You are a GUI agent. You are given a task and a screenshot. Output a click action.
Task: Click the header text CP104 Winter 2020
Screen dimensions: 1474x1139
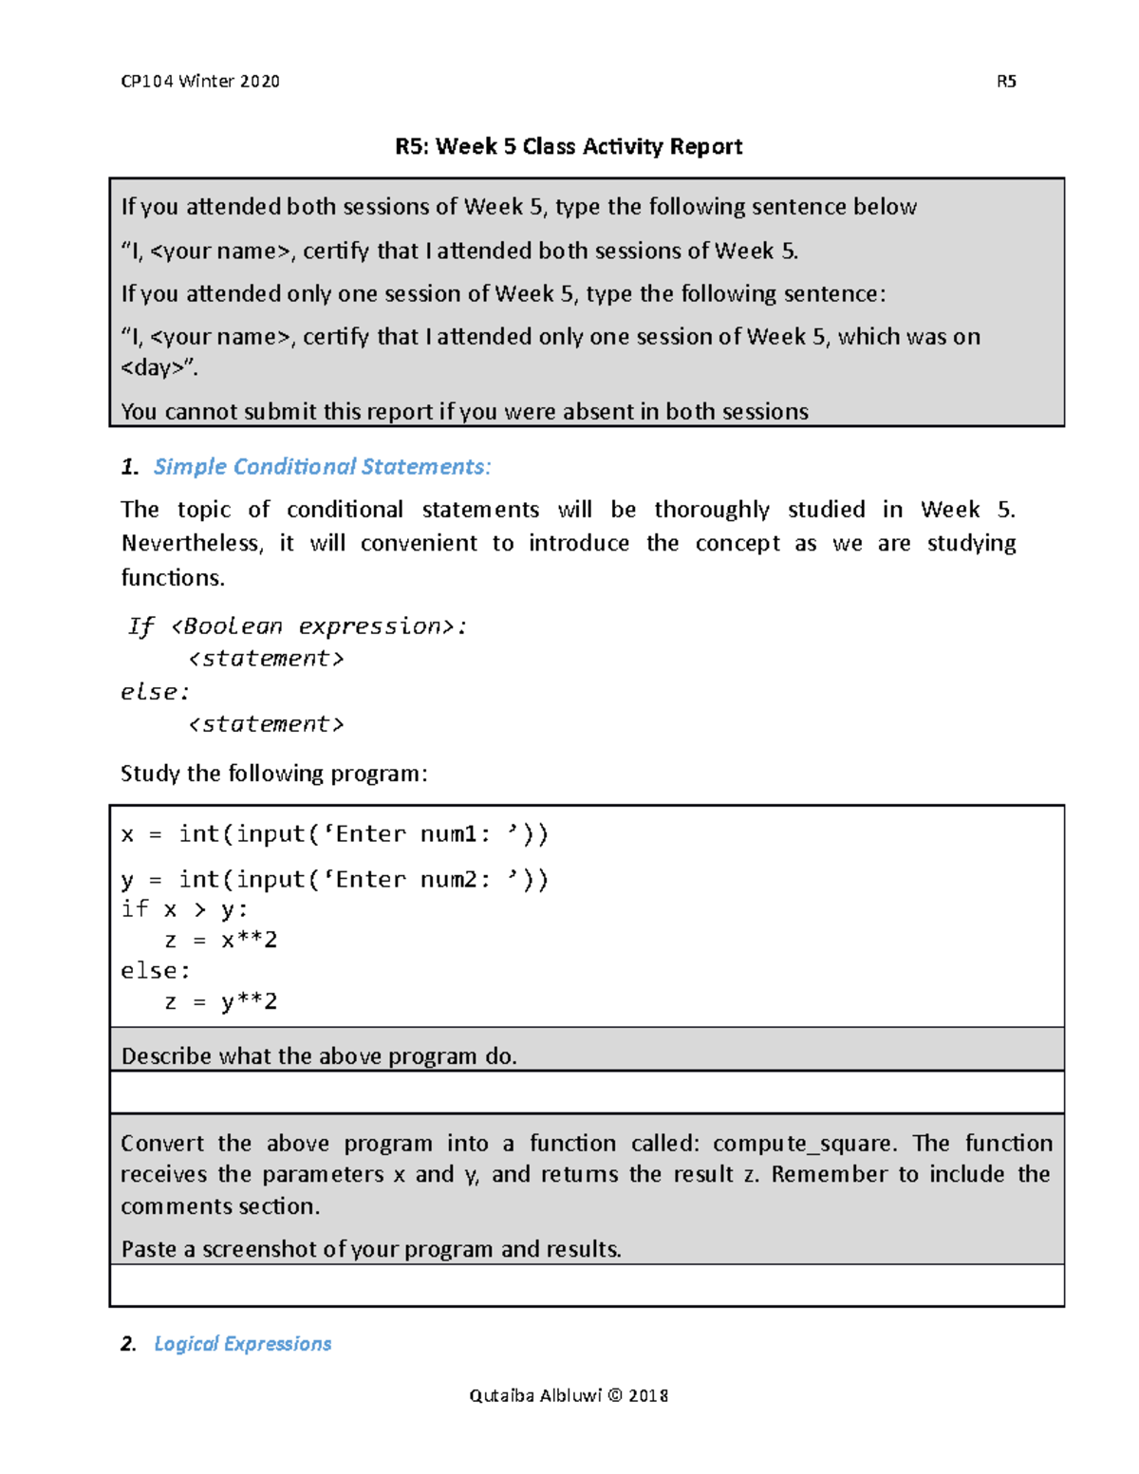tap(200, 82)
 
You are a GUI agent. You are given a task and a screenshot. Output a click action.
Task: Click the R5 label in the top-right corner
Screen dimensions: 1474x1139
tap(1006, 82)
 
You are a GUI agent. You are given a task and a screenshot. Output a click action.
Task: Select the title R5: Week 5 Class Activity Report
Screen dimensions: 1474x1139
tap(569, 146)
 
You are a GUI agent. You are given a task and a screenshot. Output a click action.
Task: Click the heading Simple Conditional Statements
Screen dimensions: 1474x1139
tap(322, 467)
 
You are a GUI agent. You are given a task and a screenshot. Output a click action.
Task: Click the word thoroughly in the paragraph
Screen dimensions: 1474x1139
tap(712, 510)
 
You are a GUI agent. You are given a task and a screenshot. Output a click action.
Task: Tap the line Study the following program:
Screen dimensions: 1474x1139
tap(274, 774)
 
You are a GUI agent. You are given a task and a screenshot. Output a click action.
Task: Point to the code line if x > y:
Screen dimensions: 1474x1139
tap(184, 909)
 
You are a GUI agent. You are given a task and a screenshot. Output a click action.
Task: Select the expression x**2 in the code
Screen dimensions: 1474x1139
tap(249, 941)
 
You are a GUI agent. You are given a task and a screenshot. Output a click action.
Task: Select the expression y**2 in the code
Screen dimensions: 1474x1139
tap(249, 1002)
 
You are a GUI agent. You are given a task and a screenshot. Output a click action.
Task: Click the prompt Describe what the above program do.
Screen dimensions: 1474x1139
tap(319, 1056)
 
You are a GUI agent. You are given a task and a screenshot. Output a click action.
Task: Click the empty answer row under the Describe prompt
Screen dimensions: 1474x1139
tap(587, 1092)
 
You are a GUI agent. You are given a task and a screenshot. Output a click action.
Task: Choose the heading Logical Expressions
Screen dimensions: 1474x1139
tap(242, 1344)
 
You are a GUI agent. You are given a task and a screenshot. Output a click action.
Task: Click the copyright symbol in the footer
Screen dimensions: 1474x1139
tap(615, 1395)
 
